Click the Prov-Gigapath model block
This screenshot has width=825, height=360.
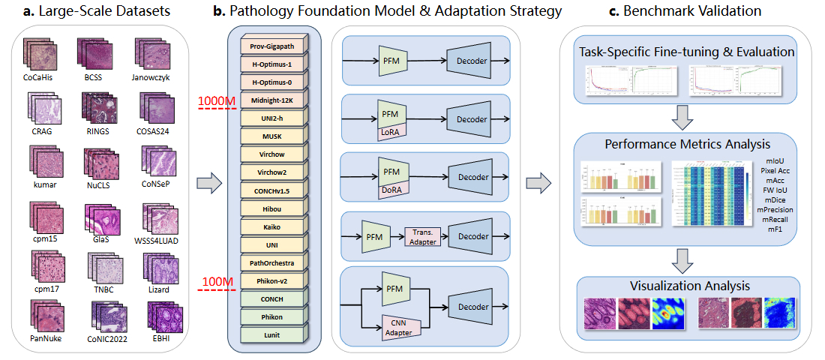click(272, 46)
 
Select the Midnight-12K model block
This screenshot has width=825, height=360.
click(272, 100)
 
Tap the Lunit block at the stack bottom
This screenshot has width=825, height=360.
click(272, 334)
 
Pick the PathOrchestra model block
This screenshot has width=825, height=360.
click(272, 262)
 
